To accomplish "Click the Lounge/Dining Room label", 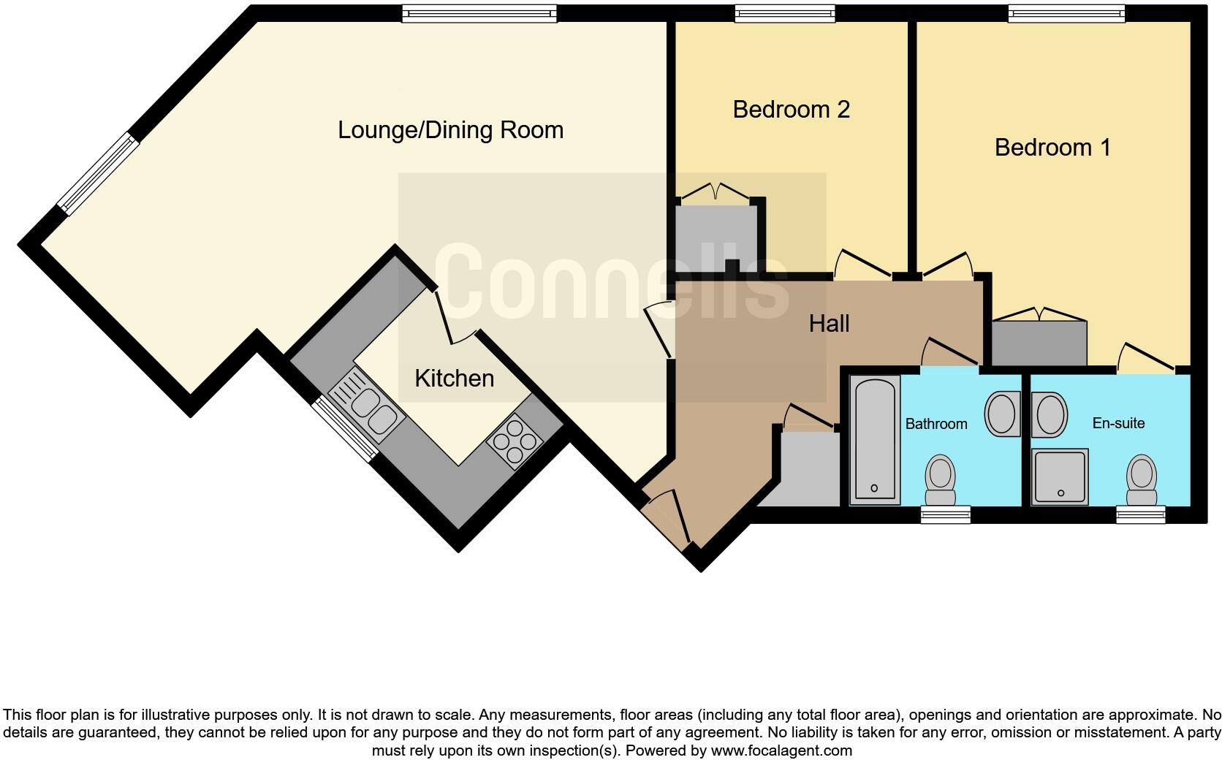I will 450,130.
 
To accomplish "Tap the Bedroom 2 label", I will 791,110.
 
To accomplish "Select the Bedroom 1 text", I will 1052,148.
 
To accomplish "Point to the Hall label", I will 829,323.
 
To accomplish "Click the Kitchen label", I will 454,379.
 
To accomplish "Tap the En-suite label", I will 1118,423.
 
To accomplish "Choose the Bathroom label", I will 936,424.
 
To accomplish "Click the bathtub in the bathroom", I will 875,439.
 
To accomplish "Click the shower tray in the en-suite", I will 1060,476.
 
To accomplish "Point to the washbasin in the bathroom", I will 1002,414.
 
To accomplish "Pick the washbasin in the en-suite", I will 1050,414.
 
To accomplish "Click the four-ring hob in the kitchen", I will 515,440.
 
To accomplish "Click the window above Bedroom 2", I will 785,12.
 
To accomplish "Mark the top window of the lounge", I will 479,12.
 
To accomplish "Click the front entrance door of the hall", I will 667,521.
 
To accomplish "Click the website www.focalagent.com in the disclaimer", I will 781,750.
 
